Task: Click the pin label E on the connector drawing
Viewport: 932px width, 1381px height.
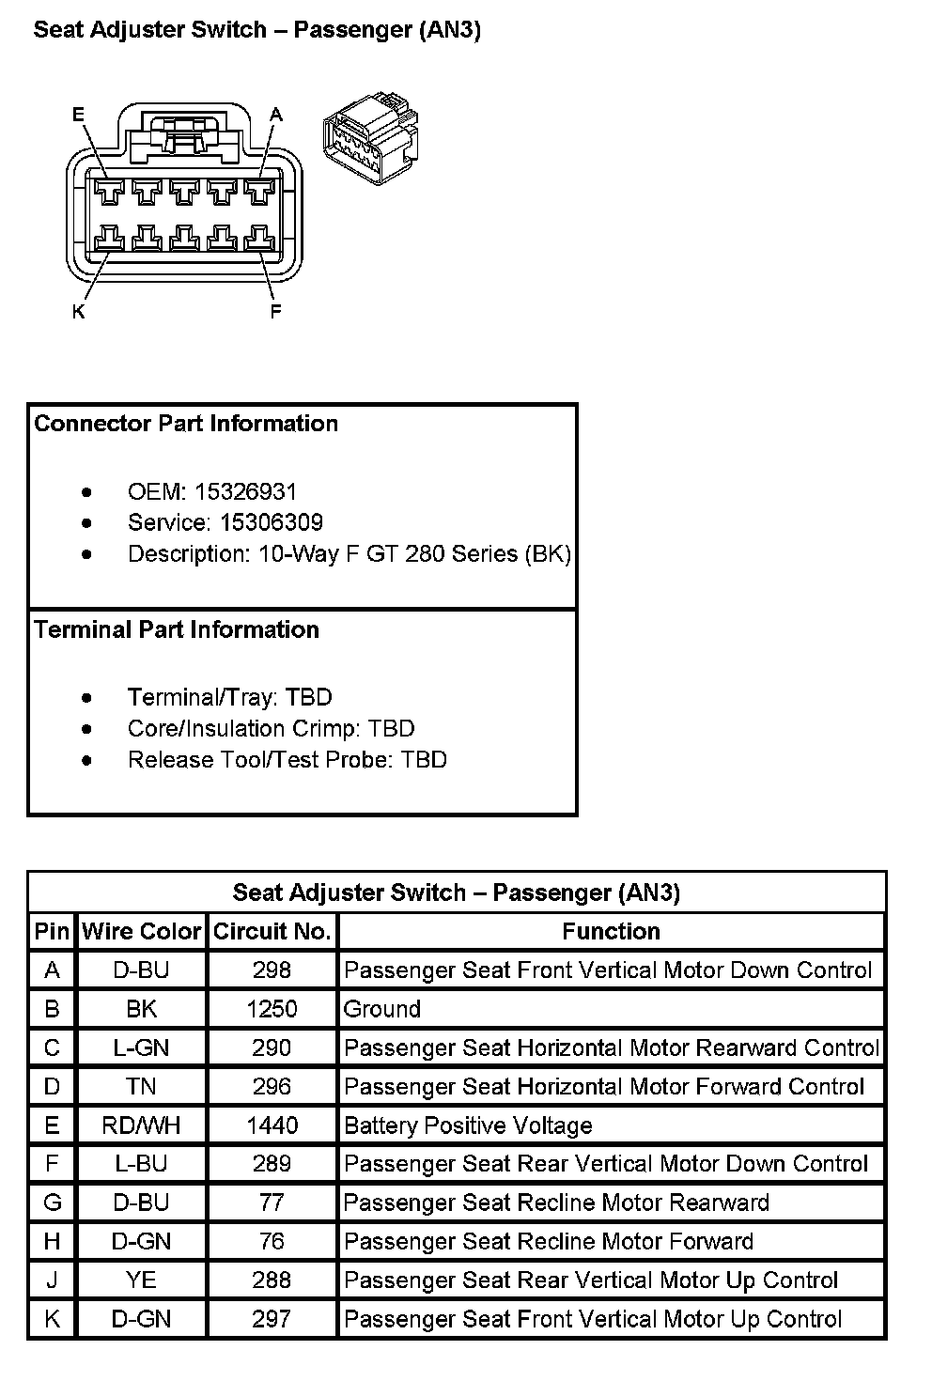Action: pyautogui.click(x=78, y=115)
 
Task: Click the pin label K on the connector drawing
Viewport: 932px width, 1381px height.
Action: pyautogui.click(x=78, y=311)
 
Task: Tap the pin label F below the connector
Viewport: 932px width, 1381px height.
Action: pyautogui.click(x=275, y=311)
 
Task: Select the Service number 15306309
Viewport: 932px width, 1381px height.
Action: pyautogui.click(x=272, y=522)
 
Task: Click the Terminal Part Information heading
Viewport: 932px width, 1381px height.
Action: pyautogui.click(x=177, y=629)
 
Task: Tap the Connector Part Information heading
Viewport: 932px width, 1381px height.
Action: pyautogui.click(x=186, y=424)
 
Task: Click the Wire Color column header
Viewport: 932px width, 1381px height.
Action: pyautogui.click(x=142, y=932)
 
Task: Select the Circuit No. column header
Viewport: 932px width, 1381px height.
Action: pyautogui.click(x=272, y=932)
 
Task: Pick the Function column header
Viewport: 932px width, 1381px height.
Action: pyautogui.click(x=611, y=932)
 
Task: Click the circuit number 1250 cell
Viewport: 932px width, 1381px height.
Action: pyautogui.click(x=272, y=1009)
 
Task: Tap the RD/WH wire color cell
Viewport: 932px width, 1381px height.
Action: pyautogui.click(x=141, y=1125)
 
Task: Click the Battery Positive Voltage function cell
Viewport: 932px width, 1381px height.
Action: pyautogui.click(x=468, y=1125)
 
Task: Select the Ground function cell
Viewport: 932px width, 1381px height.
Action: pyautogui.click(x=381, y=1009)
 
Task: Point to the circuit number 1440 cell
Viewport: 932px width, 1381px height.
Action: pyautogui.click(x=272, y=1125)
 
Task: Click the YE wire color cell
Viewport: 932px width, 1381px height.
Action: pyautogui.click(x=141, y=1280)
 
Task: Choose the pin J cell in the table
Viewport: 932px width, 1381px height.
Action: pyautogui.click(x=52, y=1280)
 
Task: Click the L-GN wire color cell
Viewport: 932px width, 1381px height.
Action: pyautogui.click(x=141, y=1047)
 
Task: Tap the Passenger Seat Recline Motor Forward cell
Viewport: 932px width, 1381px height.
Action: pyautogui.click(x=549, y=1241)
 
